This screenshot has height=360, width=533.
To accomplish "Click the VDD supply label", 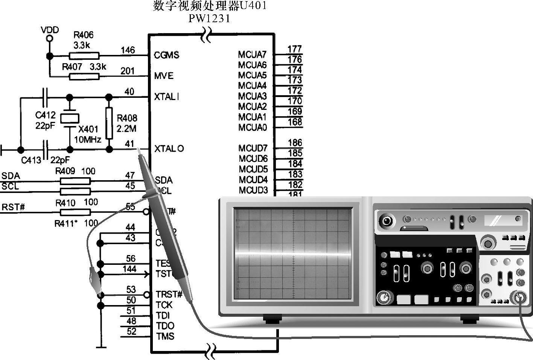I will pos(50,30).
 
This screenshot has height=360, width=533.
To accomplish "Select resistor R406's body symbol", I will pos(85,56).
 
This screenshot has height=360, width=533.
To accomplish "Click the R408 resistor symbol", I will pos(109,123).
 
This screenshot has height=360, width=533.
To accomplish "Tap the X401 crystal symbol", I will pos(70,118).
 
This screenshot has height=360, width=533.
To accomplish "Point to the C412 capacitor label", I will pos(45,115).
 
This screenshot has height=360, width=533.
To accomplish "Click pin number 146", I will pos(128,50).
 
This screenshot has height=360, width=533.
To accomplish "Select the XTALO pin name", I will pos(169,149).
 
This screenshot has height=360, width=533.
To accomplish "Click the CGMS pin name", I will pos(166,55).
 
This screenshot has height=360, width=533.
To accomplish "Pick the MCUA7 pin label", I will pos(252,55).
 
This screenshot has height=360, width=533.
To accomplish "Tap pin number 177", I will pos(295,49).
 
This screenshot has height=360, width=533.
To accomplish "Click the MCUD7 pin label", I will pos(253,149).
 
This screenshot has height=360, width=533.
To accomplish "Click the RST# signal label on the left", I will pos(13,207).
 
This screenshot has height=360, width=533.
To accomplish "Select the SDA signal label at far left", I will pos(11,176).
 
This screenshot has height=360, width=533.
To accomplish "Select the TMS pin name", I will pos(165,336).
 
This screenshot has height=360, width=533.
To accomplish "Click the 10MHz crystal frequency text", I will pos(87,140).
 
